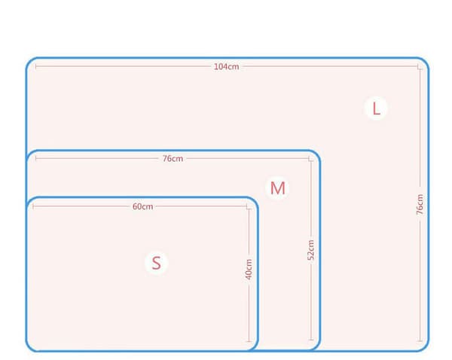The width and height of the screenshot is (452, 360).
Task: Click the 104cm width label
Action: (226, 66)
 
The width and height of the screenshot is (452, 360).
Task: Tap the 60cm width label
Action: (142, 206)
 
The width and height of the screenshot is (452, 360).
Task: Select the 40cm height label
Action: (249, 269)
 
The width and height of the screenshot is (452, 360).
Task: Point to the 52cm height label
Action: (310, 250)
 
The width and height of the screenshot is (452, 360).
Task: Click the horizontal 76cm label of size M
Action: (173, 158)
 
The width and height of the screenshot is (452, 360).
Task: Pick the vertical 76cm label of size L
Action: (420, 204)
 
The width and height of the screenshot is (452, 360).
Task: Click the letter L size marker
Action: (376, 108)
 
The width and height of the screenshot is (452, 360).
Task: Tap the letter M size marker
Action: (277, 188)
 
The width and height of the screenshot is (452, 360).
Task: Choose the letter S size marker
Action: (156, 263)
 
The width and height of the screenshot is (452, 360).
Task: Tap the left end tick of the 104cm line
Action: (35, 66)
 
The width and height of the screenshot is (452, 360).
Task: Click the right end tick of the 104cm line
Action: (418, 66)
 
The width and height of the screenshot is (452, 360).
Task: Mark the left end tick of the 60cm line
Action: (33, 206)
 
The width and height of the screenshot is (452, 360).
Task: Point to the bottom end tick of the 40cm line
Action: (249, 342)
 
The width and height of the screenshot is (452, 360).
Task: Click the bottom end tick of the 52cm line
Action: (310, 340)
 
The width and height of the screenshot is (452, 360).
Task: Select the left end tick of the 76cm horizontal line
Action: (35, 158)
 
